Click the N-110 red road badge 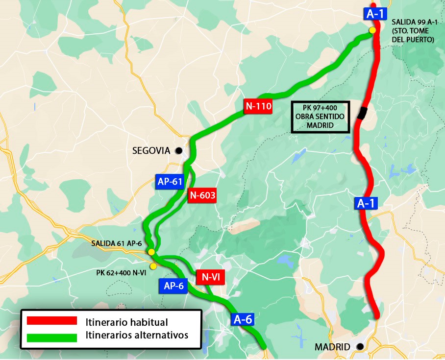(x=258, y=106)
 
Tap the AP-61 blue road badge (x=170, y=182)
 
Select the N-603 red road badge (x=202, y=195)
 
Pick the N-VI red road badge (x=211, y=277)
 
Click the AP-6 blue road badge (x=173, y=286)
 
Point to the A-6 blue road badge (x=243, y=320)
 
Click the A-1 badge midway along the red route (x=365, y=204)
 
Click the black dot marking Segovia (x=179, y=150)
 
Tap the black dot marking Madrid (x=360, y=347)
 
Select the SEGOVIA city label (x=150, y=151)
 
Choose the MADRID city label (x=332, y=347)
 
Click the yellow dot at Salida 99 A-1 (x=372, y=30)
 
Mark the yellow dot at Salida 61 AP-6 (x=151, y=252)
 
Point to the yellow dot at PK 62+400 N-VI (x=153, y=266)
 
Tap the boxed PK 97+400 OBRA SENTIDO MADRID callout (x=320, y=117)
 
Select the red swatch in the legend (x=52, y=321)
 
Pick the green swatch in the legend (x=52, y=337)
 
